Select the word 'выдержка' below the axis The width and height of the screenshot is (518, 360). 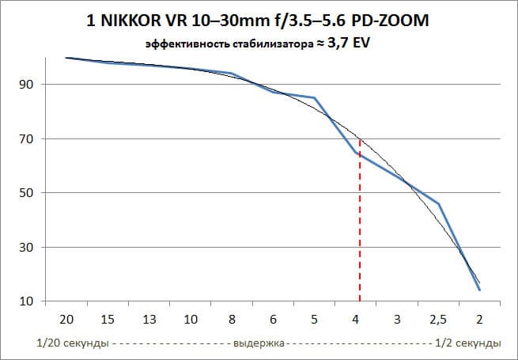(259, 343)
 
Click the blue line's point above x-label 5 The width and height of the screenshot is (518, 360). (315, 98)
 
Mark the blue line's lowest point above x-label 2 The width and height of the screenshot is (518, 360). (479, 290)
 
